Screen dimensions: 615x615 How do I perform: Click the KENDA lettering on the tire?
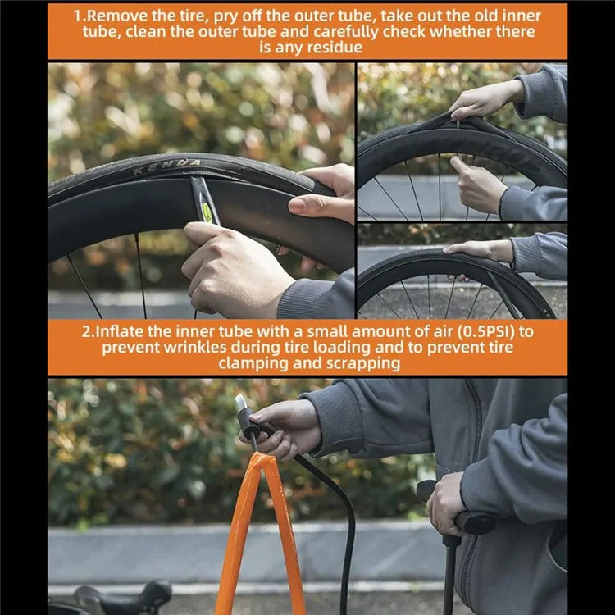(x=166, y=166)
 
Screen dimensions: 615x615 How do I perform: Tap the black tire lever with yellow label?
(x=205, y=201)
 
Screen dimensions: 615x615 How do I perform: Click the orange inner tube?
(x=260, y=534)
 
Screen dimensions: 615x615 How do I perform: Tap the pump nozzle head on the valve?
(x=246, y=416)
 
